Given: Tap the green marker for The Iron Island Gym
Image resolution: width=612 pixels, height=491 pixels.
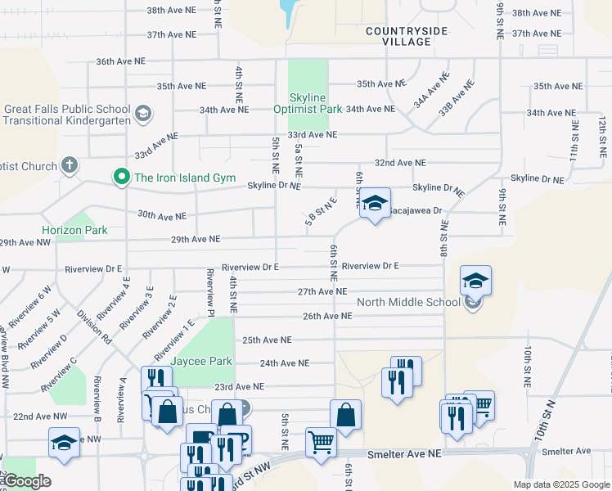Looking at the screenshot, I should [x=123, y=177].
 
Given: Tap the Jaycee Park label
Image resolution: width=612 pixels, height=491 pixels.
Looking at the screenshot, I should [x=201, y=361].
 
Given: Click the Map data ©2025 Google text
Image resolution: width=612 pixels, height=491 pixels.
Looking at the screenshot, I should [x=560, y=484].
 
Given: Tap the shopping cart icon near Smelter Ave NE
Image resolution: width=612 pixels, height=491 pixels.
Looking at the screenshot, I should [x=321, y=442].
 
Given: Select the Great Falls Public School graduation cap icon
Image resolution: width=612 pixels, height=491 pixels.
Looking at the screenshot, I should [x=142, y=113].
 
